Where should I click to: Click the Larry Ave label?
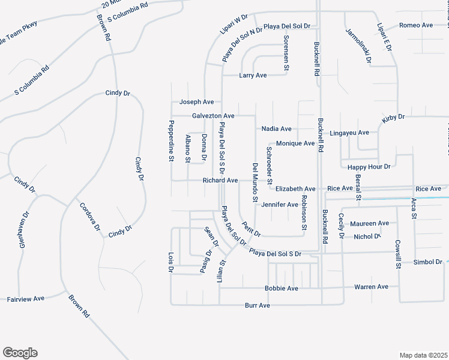pos(253,76)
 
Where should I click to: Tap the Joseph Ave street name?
pos(196,102)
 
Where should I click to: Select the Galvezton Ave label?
pos(213,115)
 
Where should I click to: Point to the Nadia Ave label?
pos(277,129)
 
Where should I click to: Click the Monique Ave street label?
pos(295,143)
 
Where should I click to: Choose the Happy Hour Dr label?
pos(370,166)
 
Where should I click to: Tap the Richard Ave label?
pos(220,180)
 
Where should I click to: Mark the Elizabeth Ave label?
pos(295,188)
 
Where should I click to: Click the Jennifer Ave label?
pos(280,205)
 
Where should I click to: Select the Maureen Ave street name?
pos(370,223)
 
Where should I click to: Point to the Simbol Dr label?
pos(428,262)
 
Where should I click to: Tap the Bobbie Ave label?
pos(282,289)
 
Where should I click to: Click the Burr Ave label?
pos(258,305)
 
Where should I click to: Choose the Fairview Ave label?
pos(26,298)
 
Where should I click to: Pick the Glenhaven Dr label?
pos(23,229)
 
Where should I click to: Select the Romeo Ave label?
pos(416,25)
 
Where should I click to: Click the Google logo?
pos(20,353)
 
